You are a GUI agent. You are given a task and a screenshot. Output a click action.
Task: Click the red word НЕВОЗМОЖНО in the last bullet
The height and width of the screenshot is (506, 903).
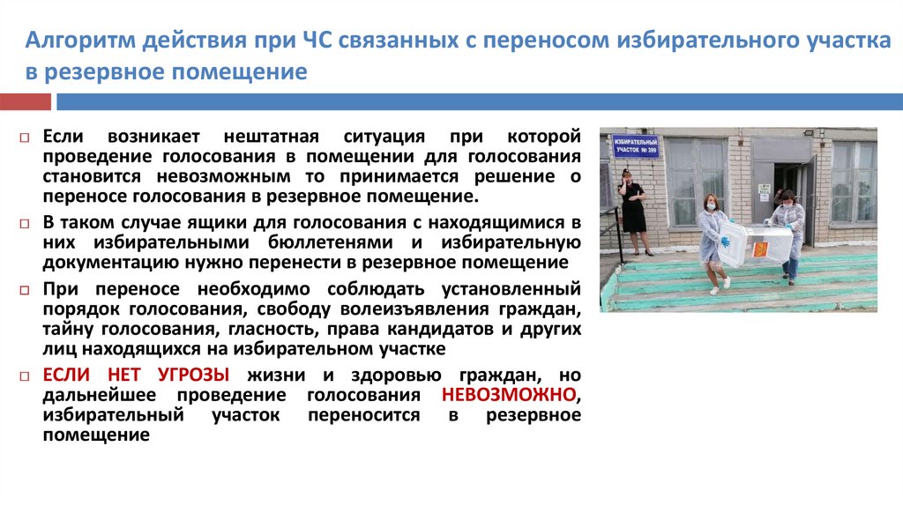[511, 394]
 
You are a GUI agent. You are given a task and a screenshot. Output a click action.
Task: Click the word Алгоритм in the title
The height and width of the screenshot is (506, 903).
[78, 41]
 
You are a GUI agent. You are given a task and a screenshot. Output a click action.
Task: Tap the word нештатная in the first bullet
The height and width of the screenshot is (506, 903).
[272, 138]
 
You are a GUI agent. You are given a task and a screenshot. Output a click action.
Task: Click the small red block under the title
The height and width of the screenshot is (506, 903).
[26, 102]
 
